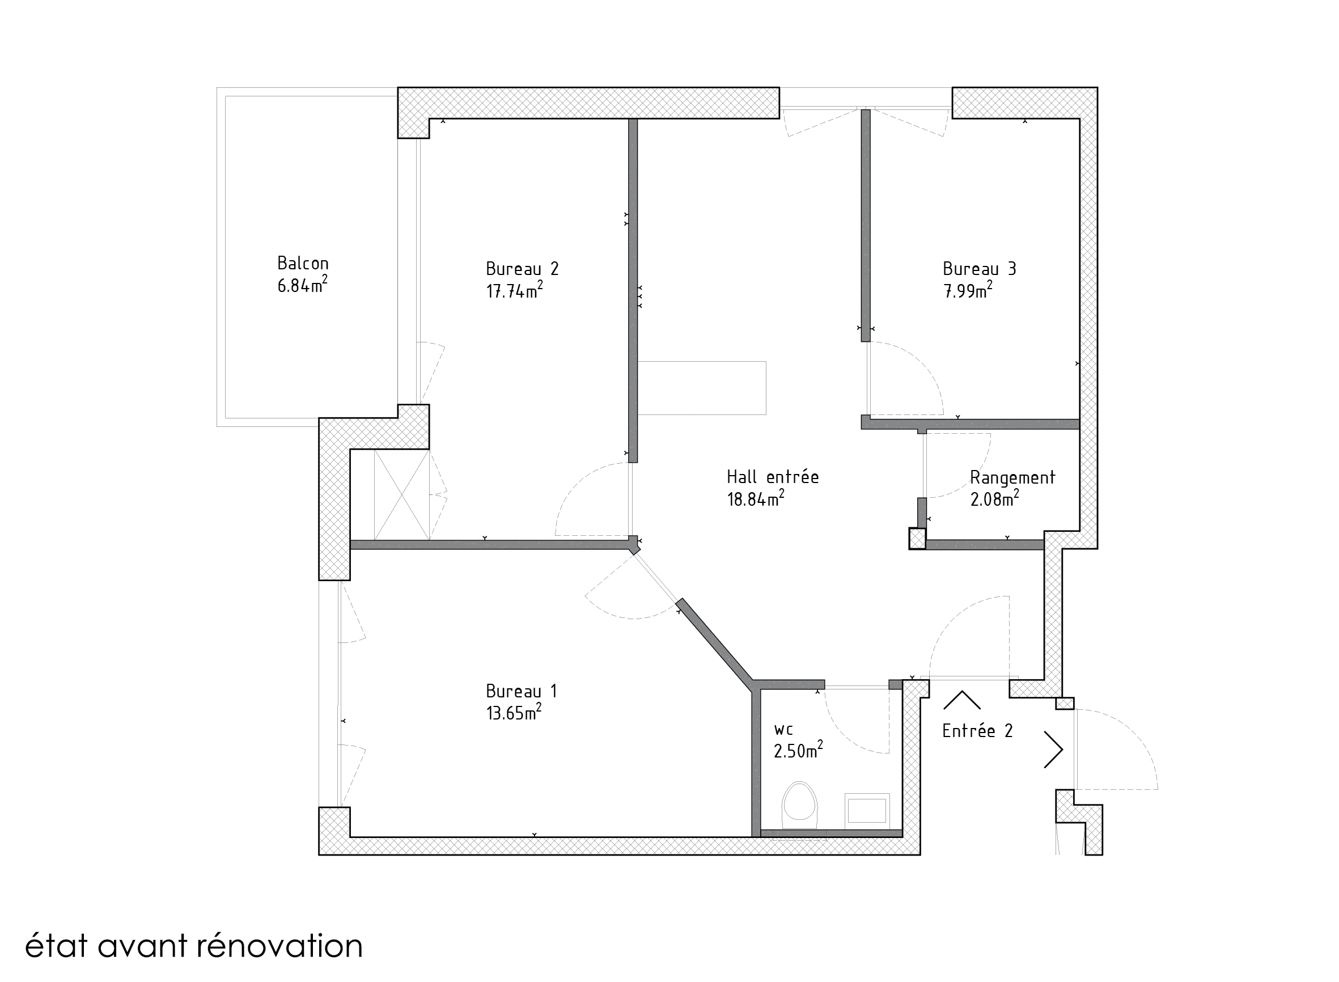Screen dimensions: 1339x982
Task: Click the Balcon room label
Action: pyautogui.click(x=303, y=263)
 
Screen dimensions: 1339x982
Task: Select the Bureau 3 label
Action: pyautogui.click(x=980, y=269)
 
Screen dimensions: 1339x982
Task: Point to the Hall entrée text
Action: pyautogui.click(x=773, y=477)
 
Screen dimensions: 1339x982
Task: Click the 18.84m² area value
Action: pyautogui.click(x=755, y=499)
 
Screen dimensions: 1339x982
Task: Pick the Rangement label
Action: pyautogui.click(x=1012, y=478)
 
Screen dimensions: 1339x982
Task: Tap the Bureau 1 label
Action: pyautogui.click(x=521, y=691)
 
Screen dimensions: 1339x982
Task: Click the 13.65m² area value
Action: pyautogui.click(x=514, y=712)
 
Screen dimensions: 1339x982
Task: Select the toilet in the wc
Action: pyautogui.click(x=799, y=805)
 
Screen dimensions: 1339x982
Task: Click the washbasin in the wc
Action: pyautogui.click(x=867, y=810)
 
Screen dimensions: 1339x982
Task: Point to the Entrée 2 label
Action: pyautogui.click(x=977, y=731)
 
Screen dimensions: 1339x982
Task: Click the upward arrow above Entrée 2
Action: pyautogui.click(x=961, y=700)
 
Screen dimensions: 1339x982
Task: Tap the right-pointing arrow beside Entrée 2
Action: pyautogui.click(x=1053, y=750)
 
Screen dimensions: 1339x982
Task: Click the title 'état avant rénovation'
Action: pyautogui.click(x=194, y=946)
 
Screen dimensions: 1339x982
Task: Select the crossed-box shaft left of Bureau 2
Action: pyautogui.click(x=402, y=495)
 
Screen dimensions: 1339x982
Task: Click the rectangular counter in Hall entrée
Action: pyautogui.click(x=702, y=388)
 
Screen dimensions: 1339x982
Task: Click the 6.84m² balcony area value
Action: pyautogui.click(x=302, y=285)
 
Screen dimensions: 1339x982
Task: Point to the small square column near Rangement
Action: pyautogui.click(x=917, y=539)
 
